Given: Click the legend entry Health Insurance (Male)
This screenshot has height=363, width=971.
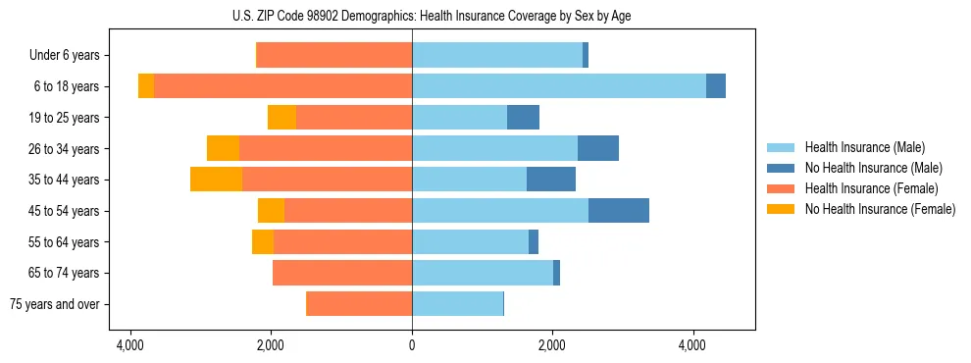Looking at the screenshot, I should pos(864,147).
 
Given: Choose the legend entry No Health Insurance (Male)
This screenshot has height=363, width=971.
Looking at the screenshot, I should pos(872,168).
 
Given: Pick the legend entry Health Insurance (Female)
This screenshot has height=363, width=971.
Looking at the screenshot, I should pos(871,188).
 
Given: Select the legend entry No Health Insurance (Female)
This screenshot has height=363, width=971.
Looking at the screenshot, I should pos(879,209).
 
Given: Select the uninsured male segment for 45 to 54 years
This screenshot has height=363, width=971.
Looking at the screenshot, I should pos(619,211).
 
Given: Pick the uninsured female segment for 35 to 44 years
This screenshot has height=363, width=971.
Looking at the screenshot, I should pos(216,180).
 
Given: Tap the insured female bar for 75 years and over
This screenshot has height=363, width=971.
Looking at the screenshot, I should pos(359,304).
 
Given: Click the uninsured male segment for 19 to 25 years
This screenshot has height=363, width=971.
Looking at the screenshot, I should pos(523,118).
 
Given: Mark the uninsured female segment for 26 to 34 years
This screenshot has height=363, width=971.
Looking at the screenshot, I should pos(223,148).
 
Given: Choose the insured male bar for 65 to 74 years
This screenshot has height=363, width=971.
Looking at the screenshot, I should pos(483,273).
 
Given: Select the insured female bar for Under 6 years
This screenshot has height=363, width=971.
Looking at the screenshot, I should pos(334,56).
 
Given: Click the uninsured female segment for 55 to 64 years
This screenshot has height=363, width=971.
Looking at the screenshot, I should pos(263,241).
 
